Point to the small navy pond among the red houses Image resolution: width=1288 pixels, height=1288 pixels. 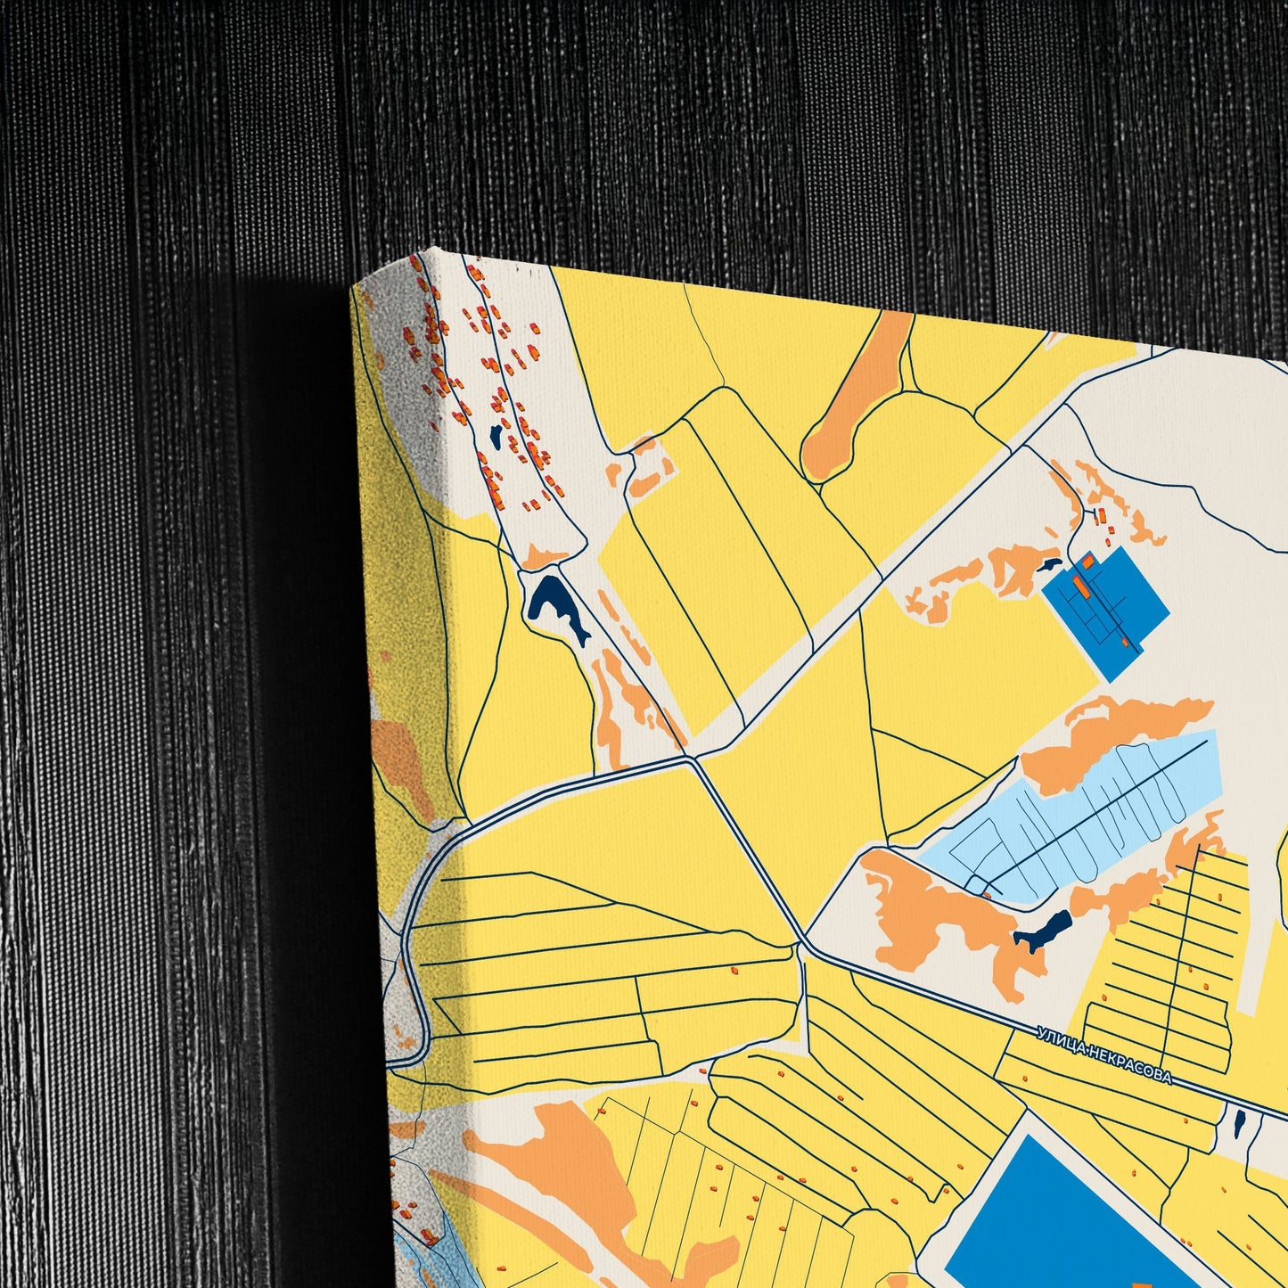pyautogui.click(x=495, y=436)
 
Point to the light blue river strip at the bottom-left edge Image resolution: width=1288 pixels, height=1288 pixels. pyautogui.click(x=446, y=1248)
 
